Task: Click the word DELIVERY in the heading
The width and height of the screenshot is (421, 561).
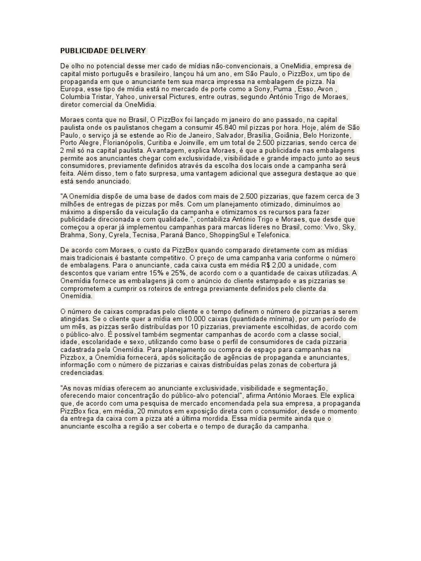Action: click(131, 51)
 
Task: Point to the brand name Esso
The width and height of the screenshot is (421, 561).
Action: click(309, 89)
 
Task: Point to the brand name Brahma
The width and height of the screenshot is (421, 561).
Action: click(72, 235)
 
